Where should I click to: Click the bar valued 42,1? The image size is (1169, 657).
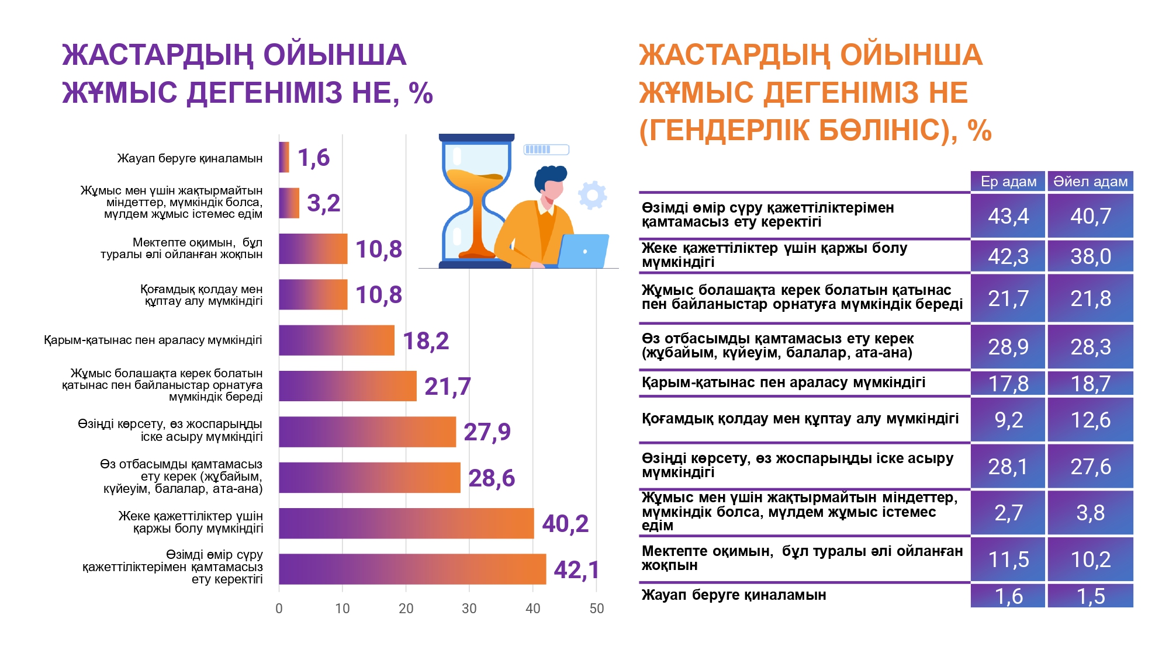coord(413,569)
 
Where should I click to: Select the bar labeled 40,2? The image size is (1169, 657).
coord(406,523)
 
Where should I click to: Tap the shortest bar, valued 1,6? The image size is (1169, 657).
coord(284,157)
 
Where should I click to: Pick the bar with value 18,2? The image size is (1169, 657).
coord(337,340)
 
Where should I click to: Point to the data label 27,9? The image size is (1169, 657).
coord(487,432)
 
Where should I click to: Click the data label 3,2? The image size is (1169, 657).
coord(324,203)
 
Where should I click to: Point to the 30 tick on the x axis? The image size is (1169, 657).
coord(469,609)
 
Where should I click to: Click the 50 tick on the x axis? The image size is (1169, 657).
coord(597,609)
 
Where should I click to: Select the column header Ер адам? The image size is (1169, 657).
coord(1008,182)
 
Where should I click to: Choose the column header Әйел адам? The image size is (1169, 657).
coord(1090,182)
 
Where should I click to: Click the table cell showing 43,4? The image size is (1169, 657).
coord(1008,216)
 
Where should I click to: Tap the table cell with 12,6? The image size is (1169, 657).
coord(1090,420)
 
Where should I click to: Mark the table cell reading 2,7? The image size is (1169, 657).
coord(1008,513)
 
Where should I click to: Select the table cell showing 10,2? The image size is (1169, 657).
coord(1090,559)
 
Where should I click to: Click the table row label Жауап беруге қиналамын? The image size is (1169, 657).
coord(734,595)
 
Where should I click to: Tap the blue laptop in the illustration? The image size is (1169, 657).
coord(583,251)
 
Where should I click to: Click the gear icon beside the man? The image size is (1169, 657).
coord(593,195)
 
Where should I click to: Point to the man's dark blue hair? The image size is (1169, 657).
coord(549,177)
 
